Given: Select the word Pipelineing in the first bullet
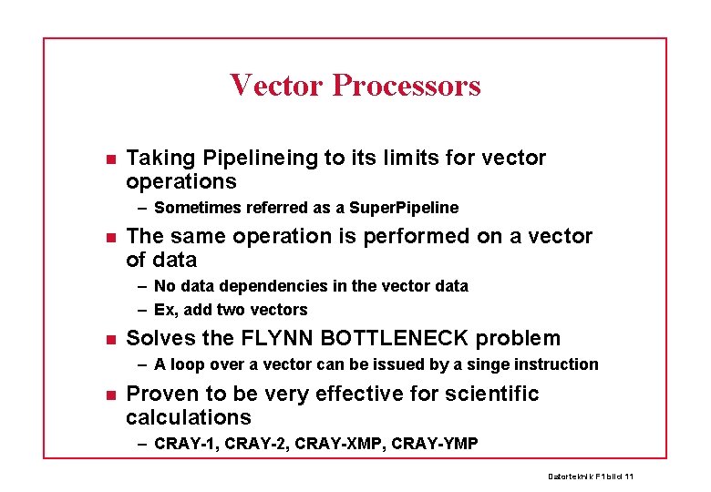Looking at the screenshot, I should click(x=262, y=159).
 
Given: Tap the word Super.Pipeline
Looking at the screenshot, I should click(x=409, y=208).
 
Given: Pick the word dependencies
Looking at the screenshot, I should click(x=274, y=286).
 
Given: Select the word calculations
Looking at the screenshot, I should click(x=189, y=417).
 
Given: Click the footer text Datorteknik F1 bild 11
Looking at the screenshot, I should click(x=591, y=477).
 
